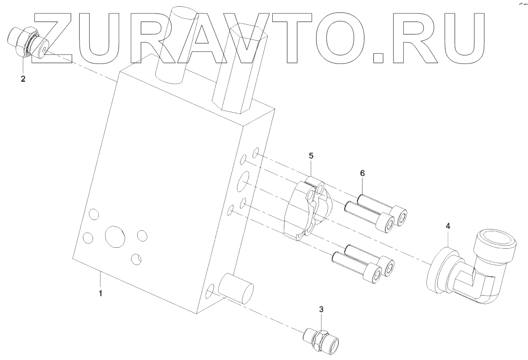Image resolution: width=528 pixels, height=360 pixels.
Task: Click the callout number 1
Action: (101, 294)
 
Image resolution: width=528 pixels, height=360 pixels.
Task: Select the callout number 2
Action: (23, 79)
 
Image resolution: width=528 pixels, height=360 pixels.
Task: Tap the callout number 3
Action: (321, 309)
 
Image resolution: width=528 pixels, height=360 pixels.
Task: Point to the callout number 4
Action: (448, 226)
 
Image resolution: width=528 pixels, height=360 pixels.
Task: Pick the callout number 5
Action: (311, 156)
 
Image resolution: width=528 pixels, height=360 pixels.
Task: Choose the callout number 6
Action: (362, 173)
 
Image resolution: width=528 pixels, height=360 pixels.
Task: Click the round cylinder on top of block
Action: (175, 45)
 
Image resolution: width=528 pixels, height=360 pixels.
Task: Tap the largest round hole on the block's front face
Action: (114, 237)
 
